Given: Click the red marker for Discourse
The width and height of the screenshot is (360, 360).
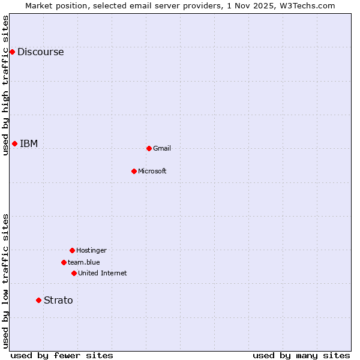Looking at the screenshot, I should coord(12,52).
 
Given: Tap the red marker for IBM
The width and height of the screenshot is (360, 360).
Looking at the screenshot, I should coord(15,143).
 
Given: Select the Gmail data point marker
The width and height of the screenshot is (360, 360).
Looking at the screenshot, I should coord(149,148).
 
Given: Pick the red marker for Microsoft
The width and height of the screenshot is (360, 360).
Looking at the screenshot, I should coord(134,171).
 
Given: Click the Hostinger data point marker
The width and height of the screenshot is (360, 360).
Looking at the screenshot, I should coord(72,250).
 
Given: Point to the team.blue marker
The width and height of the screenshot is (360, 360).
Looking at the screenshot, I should coord(64,262).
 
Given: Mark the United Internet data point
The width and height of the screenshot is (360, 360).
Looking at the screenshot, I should coord(74,273).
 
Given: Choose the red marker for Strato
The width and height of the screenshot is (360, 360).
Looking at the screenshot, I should coord(38,300).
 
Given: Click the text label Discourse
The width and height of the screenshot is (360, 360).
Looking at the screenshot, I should coord(40,52).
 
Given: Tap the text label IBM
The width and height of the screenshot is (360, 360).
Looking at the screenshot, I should coord(29,143).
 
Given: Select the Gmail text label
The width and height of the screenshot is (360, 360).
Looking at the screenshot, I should coord(162,148).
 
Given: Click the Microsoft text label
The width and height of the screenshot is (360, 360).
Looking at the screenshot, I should coord(152,171).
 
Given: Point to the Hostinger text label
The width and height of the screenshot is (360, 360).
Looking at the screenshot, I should coord(91,250).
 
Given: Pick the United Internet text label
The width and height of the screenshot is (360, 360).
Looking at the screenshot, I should coord(103,273).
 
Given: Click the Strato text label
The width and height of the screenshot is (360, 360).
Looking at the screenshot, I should coord(58,300).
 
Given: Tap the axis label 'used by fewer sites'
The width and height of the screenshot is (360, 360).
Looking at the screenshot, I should coord(62,355).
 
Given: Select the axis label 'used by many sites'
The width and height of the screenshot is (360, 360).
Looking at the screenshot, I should coord(301,355).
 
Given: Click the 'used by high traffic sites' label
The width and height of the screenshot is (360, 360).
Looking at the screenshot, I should coord(5,85).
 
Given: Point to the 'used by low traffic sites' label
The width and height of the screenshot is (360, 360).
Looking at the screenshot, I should coord(5,281).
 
